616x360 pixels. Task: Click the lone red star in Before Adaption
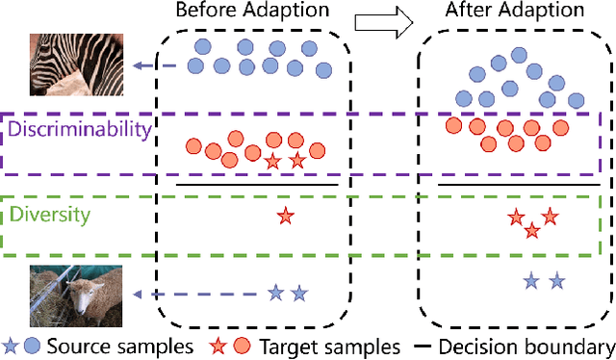284,217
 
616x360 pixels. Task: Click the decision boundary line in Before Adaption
258,184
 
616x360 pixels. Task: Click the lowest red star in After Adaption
532,229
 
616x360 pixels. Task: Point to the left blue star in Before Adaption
275,292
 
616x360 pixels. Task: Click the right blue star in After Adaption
556,281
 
